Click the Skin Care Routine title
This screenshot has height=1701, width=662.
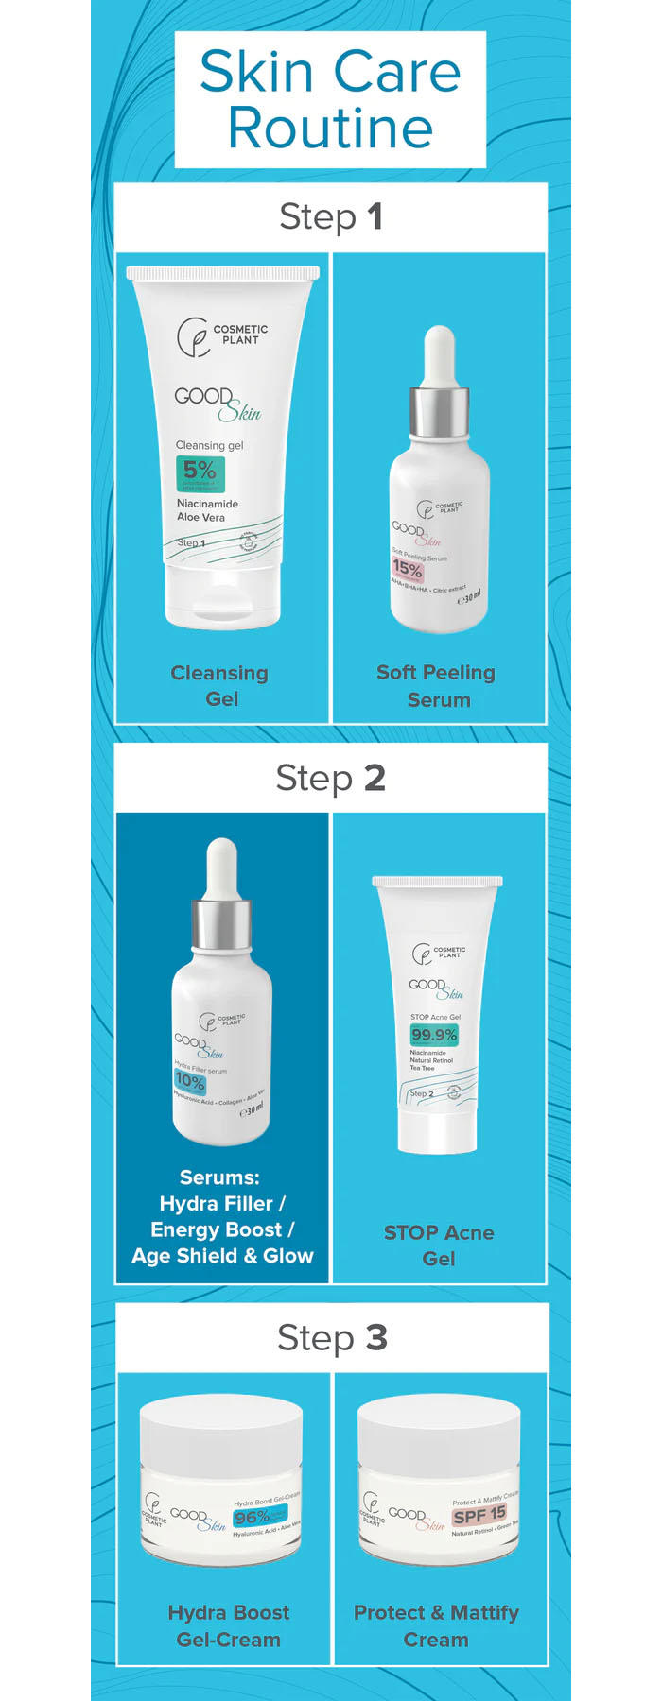click(330, 99)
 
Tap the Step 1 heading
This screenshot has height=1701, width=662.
click(330, 217)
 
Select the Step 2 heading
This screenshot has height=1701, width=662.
click(330, 778)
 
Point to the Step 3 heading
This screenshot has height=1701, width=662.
click(332, 1338)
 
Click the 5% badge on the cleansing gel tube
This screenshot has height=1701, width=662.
click(200, 472)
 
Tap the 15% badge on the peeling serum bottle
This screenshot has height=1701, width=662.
click(408, 570)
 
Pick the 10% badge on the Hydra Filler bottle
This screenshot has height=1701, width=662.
click(190, 1081)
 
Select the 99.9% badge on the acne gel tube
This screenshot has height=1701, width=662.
click(434, 1035)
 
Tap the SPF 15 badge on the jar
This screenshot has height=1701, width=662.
click(479, 1515)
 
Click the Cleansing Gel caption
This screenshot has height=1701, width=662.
click(219, 685)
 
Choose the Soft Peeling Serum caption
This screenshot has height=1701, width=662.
click(436, 685)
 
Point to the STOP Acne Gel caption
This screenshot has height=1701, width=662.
click(438, 1246)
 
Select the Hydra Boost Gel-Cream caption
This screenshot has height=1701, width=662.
click(228, 1625)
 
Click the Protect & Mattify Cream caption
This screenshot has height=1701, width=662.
click(436, 1625)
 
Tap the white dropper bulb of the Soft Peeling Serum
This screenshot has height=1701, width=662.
click(439, 354)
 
